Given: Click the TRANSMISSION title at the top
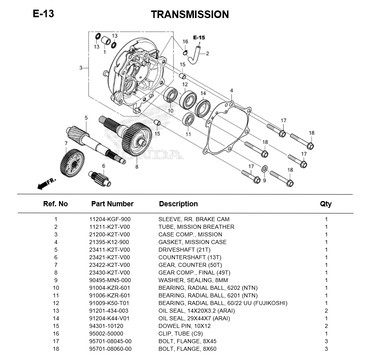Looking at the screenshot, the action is click(x=190, y=14).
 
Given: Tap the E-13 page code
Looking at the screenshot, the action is click(x=43, y=14).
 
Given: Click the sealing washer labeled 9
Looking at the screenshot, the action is click(x=264, y=169).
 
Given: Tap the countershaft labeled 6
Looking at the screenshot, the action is click(x=100, y=179).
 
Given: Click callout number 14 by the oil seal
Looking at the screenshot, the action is click(x=203, y=93).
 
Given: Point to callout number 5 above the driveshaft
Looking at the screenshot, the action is click(x=86, y=118).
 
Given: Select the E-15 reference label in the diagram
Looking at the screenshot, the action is click(x=199, y=37).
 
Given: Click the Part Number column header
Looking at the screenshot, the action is click(x=112, y=204).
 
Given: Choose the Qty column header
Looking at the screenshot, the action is click(x=326, y=204).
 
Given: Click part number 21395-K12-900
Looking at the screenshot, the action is click(x=109, y=242).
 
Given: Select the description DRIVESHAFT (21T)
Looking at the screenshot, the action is click(x=184, y=250).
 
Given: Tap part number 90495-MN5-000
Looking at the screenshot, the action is click(x=110, y=280).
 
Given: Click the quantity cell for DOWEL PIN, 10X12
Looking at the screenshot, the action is click(x=326, y=326).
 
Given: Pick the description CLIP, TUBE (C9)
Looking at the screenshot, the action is click(x=181, y=334).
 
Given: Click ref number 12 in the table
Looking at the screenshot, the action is click(x=56, y=303).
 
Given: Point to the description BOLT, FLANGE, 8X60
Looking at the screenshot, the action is click(x=187, y=349).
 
